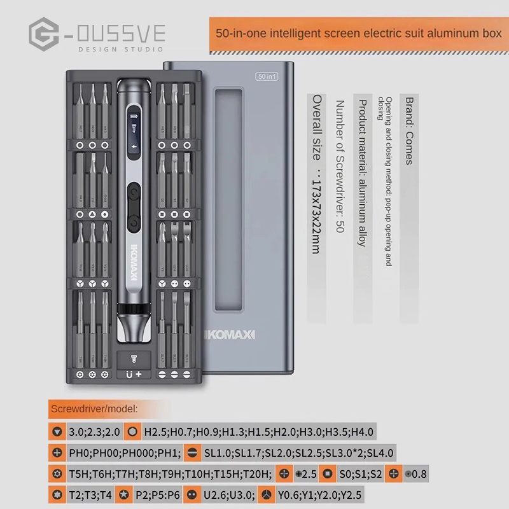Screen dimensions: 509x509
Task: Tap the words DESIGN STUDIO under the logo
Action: [120, 49]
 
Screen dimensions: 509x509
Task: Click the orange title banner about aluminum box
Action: [359, 33]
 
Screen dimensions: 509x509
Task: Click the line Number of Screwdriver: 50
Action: [339, 166]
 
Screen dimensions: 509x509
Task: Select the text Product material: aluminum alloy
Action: [362, 172]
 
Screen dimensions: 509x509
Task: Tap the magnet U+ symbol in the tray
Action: [134, 375]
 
